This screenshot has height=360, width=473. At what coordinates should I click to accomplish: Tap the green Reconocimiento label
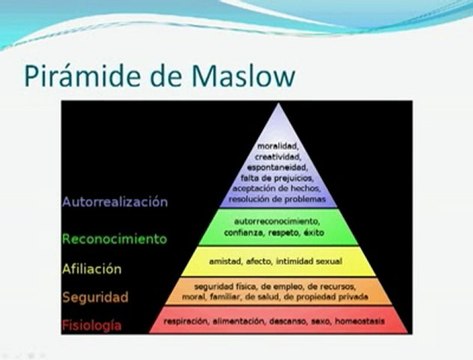click(113, 239)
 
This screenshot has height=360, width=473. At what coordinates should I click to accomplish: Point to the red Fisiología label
click(98, 325)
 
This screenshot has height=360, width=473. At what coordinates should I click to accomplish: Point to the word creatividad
click(277, 157)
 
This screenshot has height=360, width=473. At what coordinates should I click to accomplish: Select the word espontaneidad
click(277, 167)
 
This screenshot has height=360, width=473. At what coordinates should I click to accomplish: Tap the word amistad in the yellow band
click(226, 262)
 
